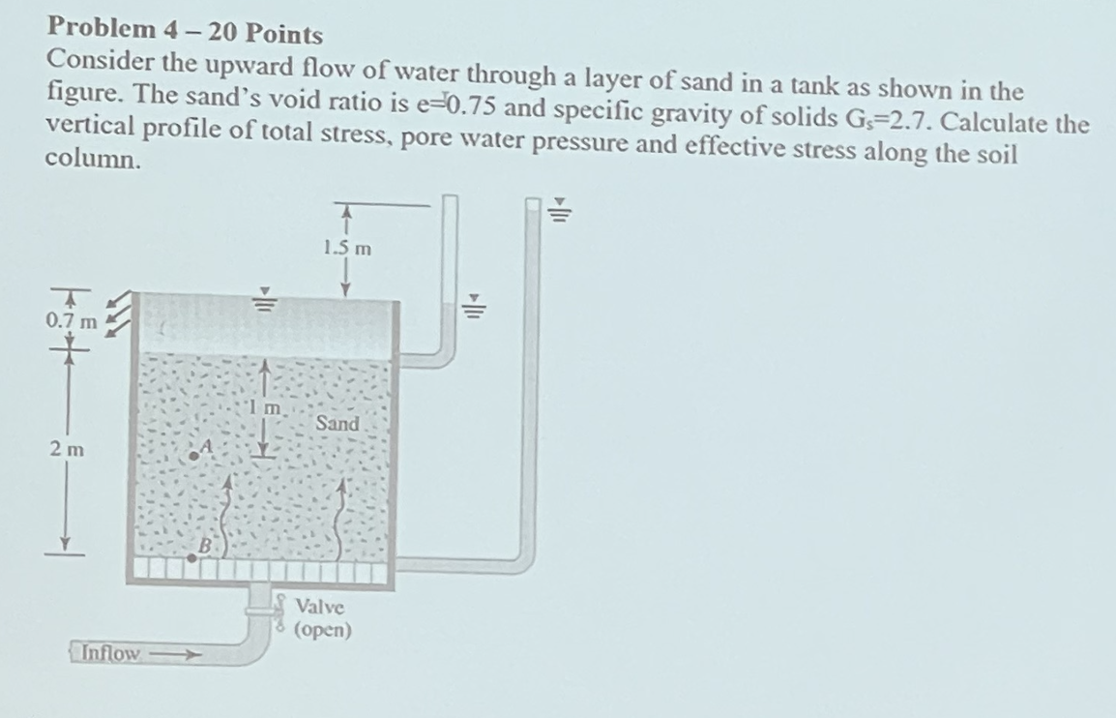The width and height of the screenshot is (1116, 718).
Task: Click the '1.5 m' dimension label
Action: (x=347, y=248)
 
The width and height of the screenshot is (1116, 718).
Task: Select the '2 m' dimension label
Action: (x=68, y=449)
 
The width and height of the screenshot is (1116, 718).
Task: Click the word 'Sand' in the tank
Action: (x=337, y=424)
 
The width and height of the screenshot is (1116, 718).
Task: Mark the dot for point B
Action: (x=191, y=556)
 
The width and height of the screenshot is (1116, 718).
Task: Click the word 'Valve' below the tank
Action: (x=319, y=607)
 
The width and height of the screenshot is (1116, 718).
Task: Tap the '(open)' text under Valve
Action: (x=323, y=631)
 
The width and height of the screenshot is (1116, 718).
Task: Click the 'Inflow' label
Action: (x=108, y=653)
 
